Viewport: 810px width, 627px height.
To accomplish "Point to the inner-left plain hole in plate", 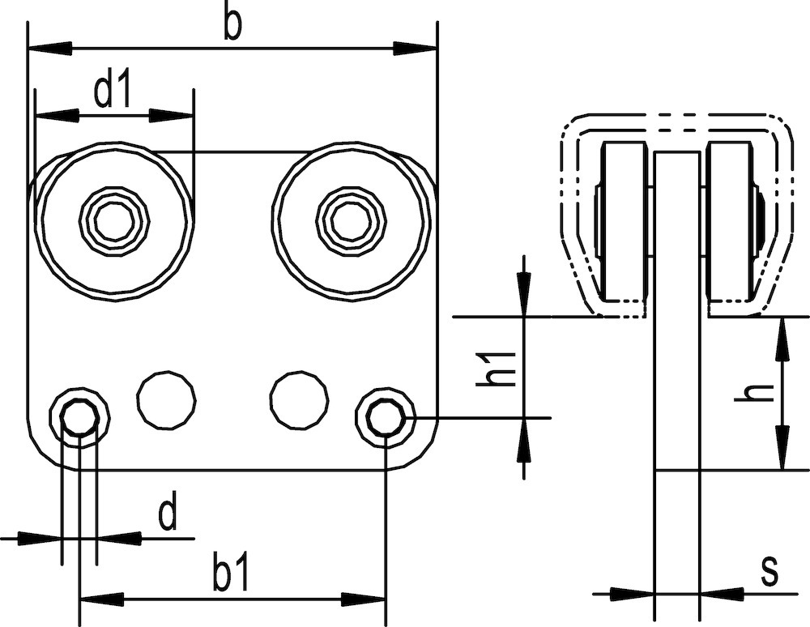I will pos(167,399).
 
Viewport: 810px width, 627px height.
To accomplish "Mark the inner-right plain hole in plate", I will pos(299,399).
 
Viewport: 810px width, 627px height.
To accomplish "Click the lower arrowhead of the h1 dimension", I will pos(524,438).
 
